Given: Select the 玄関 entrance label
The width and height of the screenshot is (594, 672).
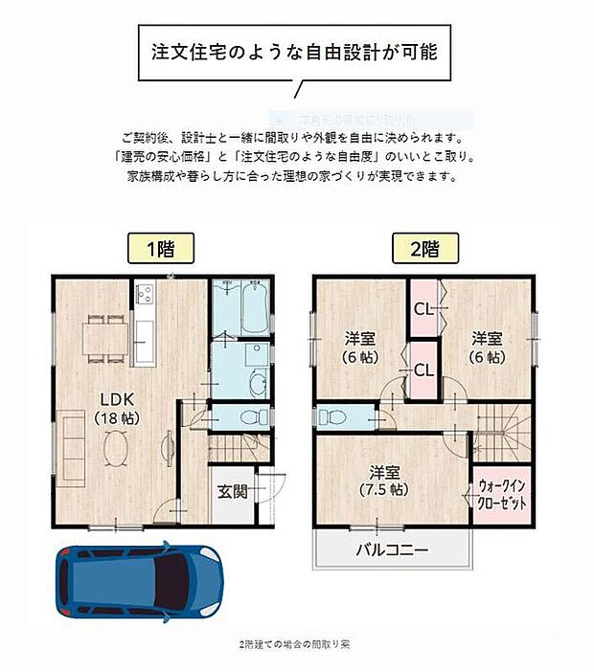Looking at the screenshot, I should click(x=232, y=493).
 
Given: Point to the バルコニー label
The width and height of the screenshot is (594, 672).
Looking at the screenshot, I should click(x=392, y=550).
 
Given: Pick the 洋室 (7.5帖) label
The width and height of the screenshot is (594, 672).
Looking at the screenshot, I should click(x=389, y=479).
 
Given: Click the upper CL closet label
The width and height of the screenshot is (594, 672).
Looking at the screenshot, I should click(x=423, y=309).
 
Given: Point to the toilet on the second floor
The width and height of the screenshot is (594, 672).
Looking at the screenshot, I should click(x=331, y=418).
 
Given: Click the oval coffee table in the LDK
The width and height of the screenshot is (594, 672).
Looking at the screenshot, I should click(x=112, y=446).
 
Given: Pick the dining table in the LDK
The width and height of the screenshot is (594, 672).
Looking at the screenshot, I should click(x=104, y=336).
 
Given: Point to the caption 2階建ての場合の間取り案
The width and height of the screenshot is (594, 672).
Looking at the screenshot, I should click(x=294, y=644).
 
